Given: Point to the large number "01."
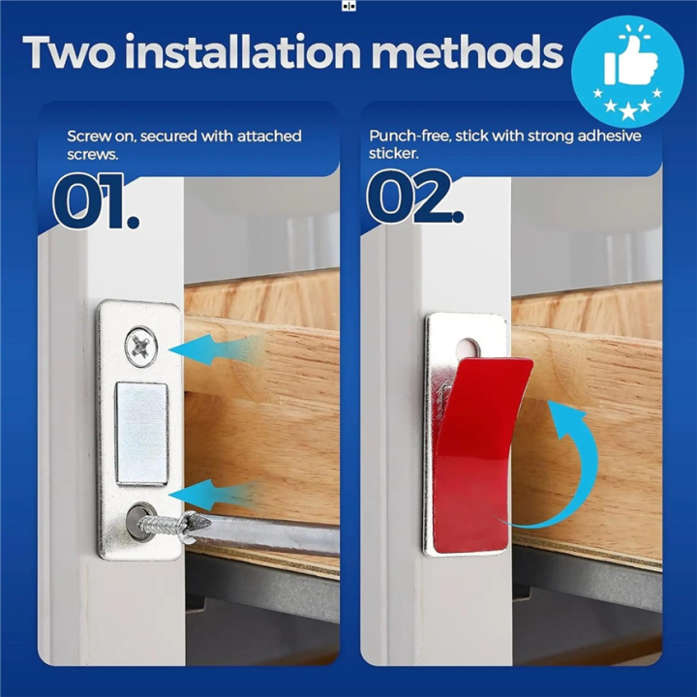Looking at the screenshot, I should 95,200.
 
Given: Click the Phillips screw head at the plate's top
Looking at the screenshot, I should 141,346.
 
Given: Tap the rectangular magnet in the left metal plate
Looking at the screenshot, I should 141,432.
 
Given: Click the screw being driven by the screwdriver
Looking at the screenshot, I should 170,525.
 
